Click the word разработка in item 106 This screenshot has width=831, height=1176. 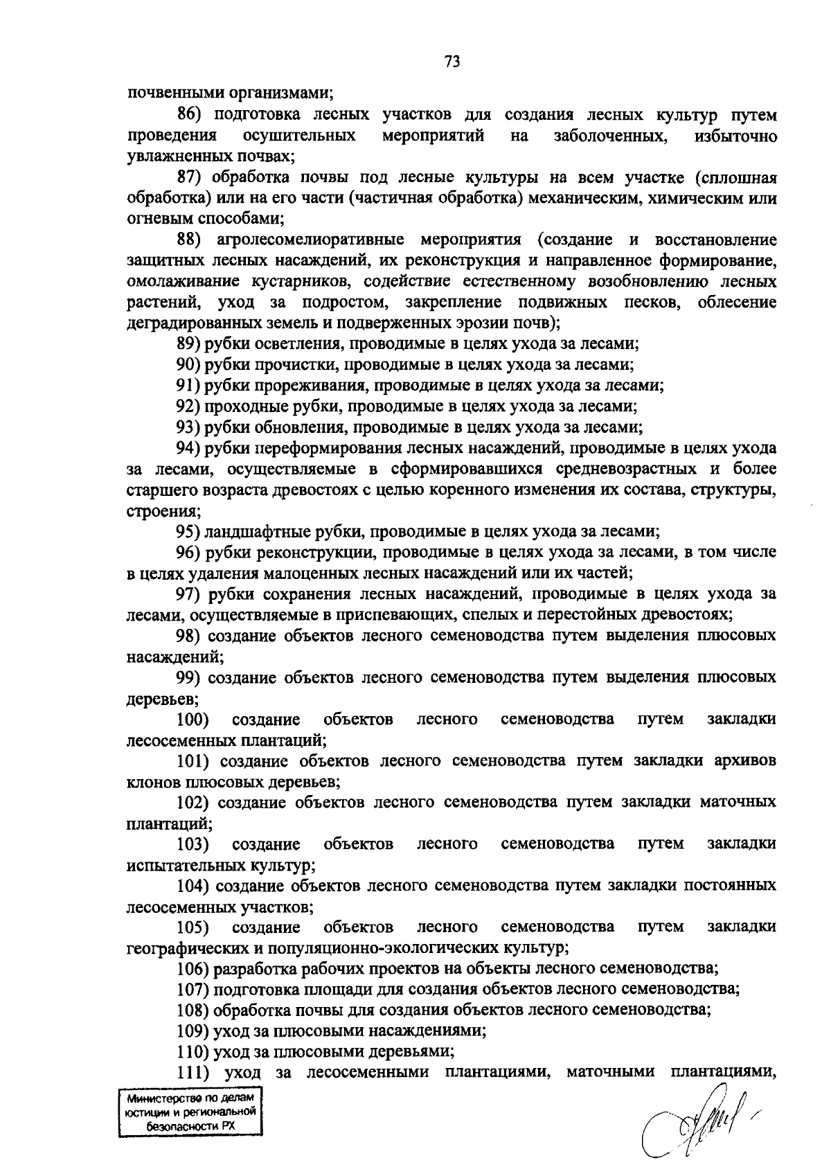coord(251,968)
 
